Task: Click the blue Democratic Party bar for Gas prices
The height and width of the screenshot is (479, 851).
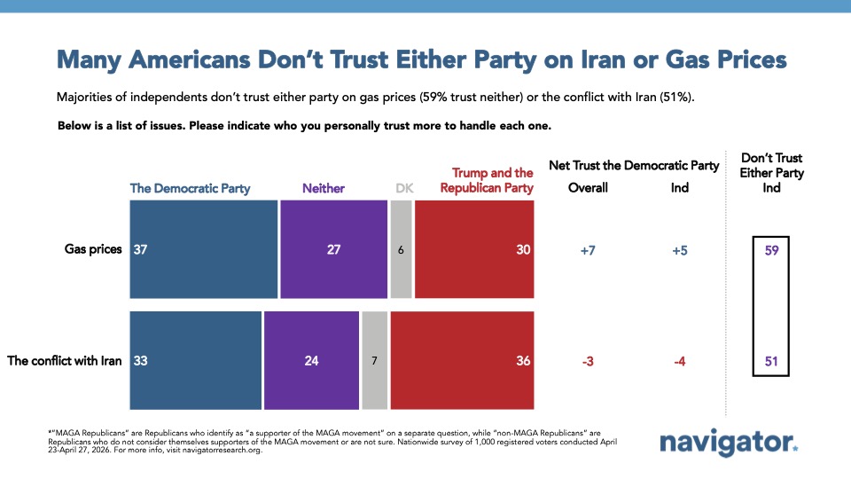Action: point(204,249)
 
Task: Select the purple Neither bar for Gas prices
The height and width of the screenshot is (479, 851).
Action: point(333,249)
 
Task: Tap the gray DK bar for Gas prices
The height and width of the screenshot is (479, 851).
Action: point(401,249)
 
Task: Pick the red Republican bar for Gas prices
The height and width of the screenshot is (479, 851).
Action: point(474,249)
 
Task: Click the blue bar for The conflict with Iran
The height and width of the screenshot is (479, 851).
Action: point(196,360)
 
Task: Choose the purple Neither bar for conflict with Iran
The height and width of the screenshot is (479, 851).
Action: point(311,360)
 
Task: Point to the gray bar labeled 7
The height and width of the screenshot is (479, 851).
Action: point(374,360)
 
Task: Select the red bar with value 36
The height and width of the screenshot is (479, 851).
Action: point(462,360)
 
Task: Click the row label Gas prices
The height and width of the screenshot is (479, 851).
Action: point(92,249)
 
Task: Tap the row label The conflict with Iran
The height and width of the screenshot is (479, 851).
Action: point(64,361)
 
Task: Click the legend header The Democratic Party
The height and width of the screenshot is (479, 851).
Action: point(191,188)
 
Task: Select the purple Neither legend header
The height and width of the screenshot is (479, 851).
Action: point(324,188)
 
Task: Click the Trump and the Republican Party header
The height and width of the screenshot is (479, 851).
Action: point(493,180)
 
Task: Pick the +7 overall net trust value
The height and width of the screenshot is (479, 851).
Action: point(588,250)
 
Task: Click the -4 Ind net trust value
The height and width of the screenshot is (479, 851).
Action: point(679,361)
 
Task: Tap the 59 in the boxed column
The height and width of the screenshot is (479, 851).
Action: point(771,250)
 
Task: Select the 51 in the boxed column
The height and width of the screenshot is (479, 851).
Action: point(771,361)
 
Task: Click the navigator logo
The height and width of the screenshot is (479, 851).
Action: point(730,441)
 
